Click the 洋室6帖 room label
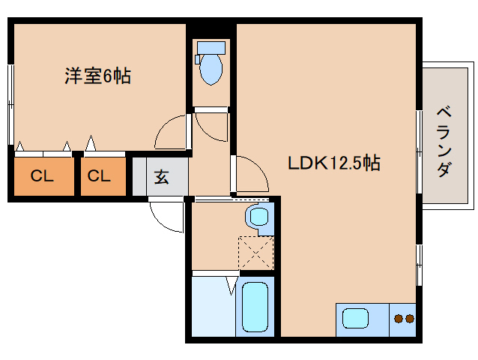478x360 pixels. click(97, 76)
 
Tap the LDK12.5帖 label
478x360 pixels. click(334, 163)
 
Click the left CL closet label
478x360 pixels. click(42, 177)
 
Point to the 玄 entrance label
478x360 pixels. click(161, 178)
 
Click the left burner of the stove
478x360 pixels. click(399, 319)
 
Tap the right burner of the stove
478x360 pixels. click(410, 319)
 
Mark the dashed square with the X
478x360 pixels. click(256, 253)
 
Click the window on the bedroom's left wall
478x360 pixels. click(10, 105)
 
